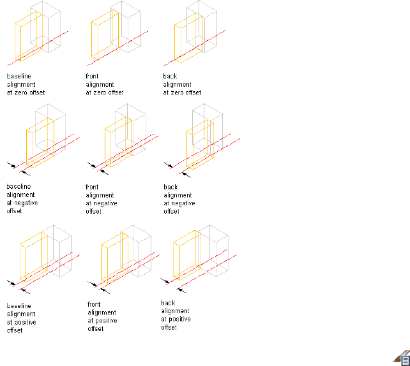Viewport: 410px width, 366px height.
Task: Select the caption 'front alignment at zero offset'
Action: coord(105,84)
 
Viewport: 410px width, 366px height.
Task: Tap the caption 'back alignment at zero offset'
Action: coord(181,84)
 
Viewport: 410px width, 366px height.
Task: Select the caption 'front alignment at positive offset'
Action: coord(102,312)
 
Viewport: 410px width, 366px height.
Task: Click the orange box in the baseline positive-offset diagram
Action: coord(32,258)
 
